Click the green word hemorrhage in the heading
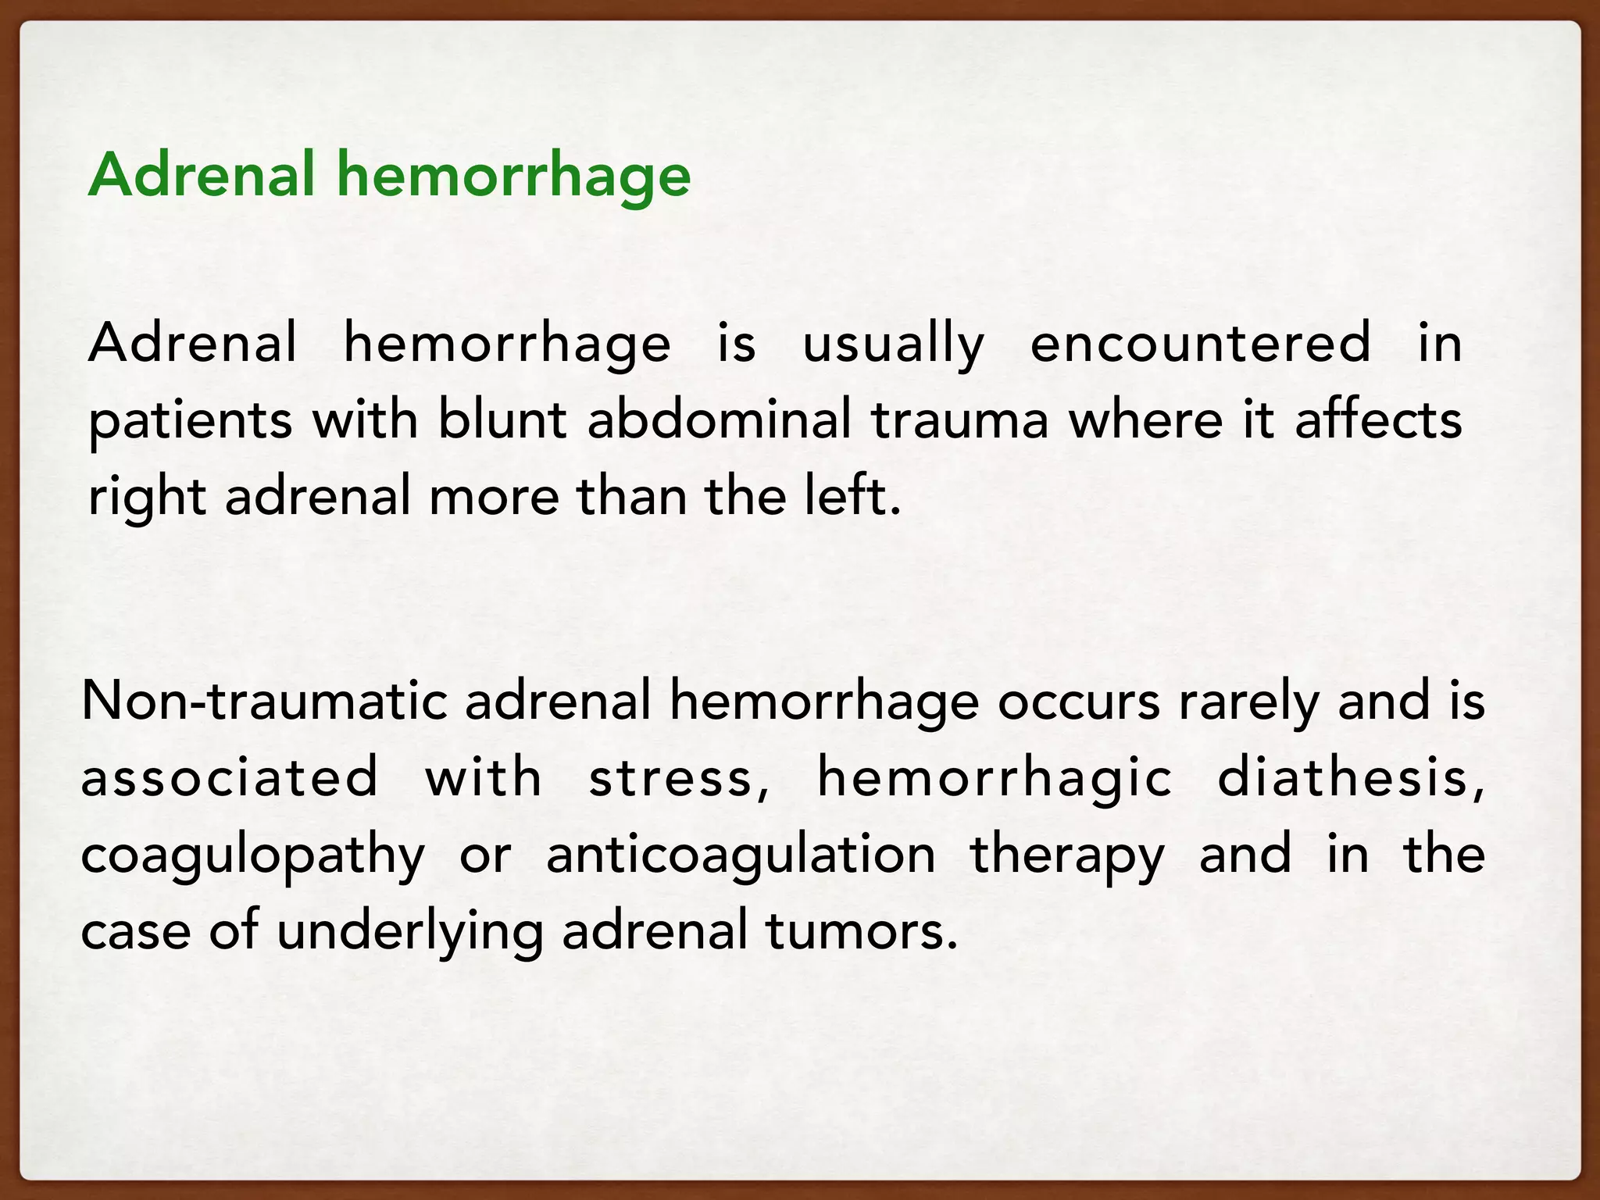coord(513,176)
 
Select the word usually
coord(894,344)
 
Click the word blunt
coord(502,420)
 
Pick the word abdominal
coord(719,420)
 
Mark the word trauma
coord(959,420)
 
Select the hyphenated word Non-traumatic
coord(264,701)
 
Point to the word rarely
coord(1248,702)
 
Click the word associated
coord(230,777)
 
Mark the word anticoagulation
coord(741,855)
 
